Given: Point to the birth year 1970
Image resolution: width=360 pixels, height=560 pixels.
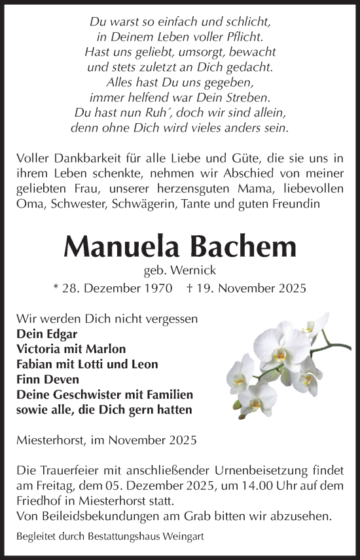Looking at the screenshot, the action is (x=158, y=288).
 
